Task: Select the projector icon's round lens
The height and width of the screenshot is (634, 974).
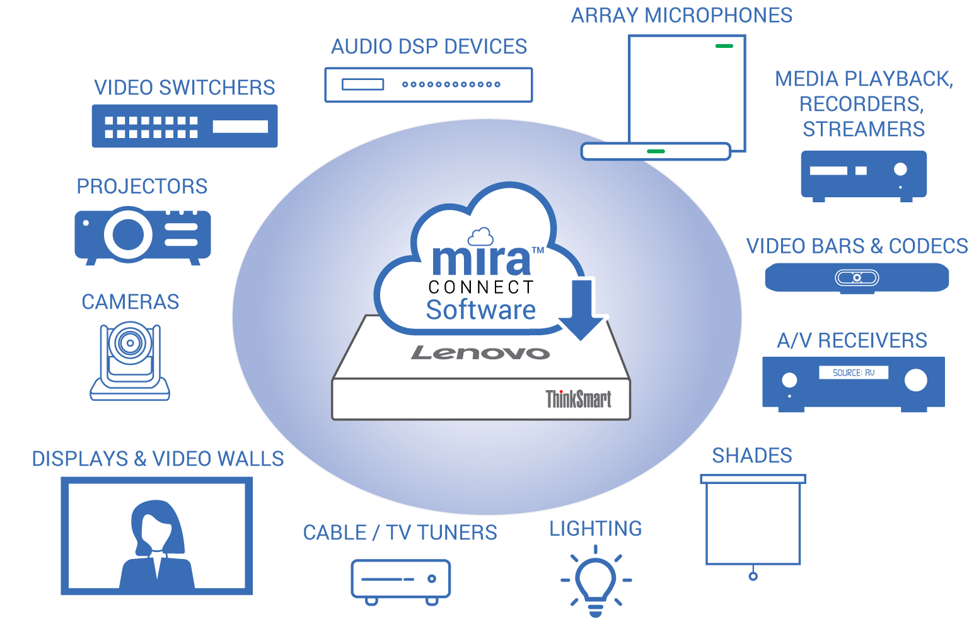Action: [x=129, y=234]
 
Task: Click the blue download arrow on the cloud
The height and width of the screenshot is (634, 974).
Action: [x=582, y=309]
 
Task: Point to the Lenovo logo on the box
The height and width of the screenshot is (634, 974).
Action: [x=480, y=353]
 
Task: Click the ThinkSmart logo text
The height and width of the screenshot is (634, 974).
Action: [x=578, y=399]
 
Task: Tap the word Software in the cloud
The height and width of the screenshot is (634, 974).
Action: [x=480, y=310]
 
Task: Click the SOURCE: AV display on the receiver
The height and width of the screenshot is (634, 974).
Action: [x=853, y=372]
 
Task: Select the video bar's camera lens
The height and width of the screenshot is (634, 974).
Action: [x=857, y=277]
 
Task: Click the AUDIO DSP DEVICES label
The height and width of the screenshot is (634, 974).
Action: [x=429, y=47]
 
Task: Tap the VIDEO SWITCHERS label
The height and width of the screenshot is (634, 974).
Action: [x=185, y=88]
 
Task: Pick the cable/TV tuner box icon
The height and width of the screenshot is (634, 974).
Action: [x=401, y=579]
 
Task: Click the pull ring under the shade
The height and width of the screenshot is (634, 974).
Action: [x=753, y=576]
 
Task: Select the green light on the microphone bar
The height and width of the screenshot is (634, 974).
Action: [x=656, y=151]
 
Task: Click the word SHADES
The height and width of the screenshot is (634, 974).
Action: [x=752, y=456]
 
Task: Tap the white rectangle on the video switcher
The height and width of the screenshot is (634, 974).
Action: [x=240, y=126]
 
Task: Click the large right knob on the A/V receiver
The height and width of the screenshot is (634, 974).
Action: [x=915, y=380]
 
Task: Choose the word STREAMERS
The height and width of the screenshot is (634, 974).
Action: [x=863, y=129]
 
